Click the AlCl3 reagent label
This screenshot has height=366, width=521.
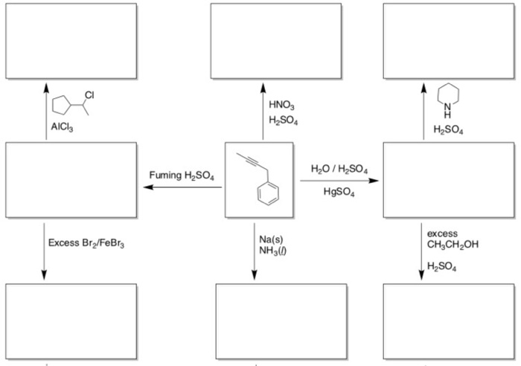(63, 126)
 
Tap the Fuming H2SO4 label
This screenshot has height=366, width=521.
(182, 176)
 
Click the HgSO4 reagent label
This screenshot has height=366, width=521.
(339, 193)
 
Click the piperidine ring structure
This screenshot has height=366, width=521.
(447, 99)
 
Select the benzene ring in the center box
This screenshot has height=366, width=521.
(264, 197)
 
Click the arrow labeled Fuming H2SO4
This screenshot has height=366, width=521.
(182, 188)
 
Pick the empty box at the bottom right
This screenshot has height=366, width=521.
(447, 320)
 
